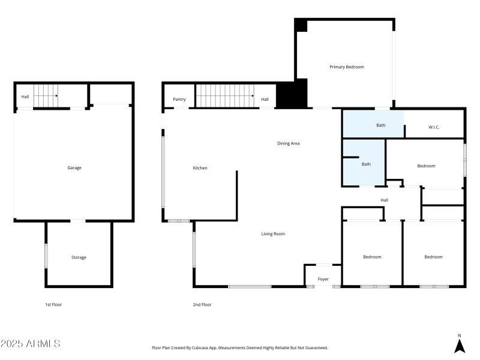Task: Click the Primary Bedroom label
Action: (x=346, y=67)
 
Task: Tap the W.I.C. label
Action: (x=435, y=127)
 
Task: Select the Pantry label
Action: (x=179, y=100)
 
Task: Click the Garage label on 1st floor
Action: (x=74, y=168)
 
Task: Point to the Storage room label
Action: (x=79, y=257)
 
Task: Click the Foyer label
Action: (x=323, y=279)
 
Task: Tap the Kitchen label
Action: (x=200, y=168)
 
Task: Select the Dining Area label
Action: (x=288, y=143)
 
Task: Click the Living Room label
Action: (x=273, y=234)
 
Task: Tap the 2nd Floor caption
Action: (x=202, y=305)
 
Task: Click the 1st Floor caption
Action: (x=53, y=305)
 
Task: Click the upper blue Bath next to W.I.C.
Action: (x=380, y=125)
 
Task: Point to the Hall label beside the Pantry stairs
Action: (x=265, y=100)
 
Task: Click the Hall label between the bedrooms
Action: (x=384, y=200)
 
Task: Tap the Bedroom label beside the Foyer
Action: (x=372, y=257)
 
